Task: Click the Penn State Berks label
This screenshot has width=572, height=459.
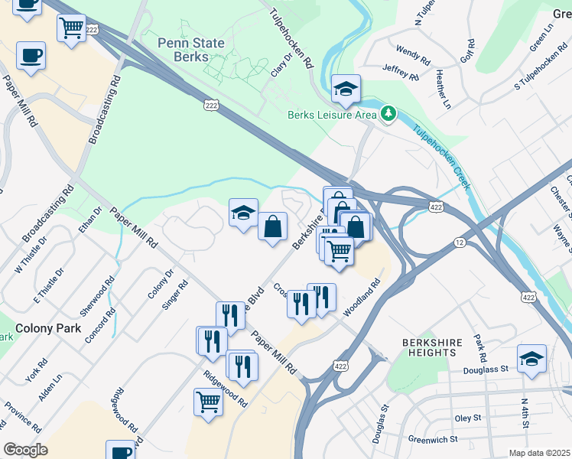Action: [192, 50]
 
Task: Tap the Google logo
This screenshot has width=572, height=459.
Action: [25, 450]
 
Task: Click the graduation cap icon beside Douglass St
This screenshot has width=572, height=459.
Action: [531, 359]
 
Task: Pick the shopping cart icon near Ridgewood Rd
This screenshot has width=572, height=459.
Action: [208, 402]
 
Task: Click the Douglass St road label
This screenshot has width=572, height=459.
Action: [486, 369]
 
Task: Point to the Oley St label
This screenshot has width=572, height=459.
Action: [467, 418]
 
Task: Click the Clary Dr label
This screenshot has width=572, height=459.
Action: [281, 65]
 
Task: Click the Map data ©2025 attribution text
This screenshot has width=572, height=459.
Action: [539, 453]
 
